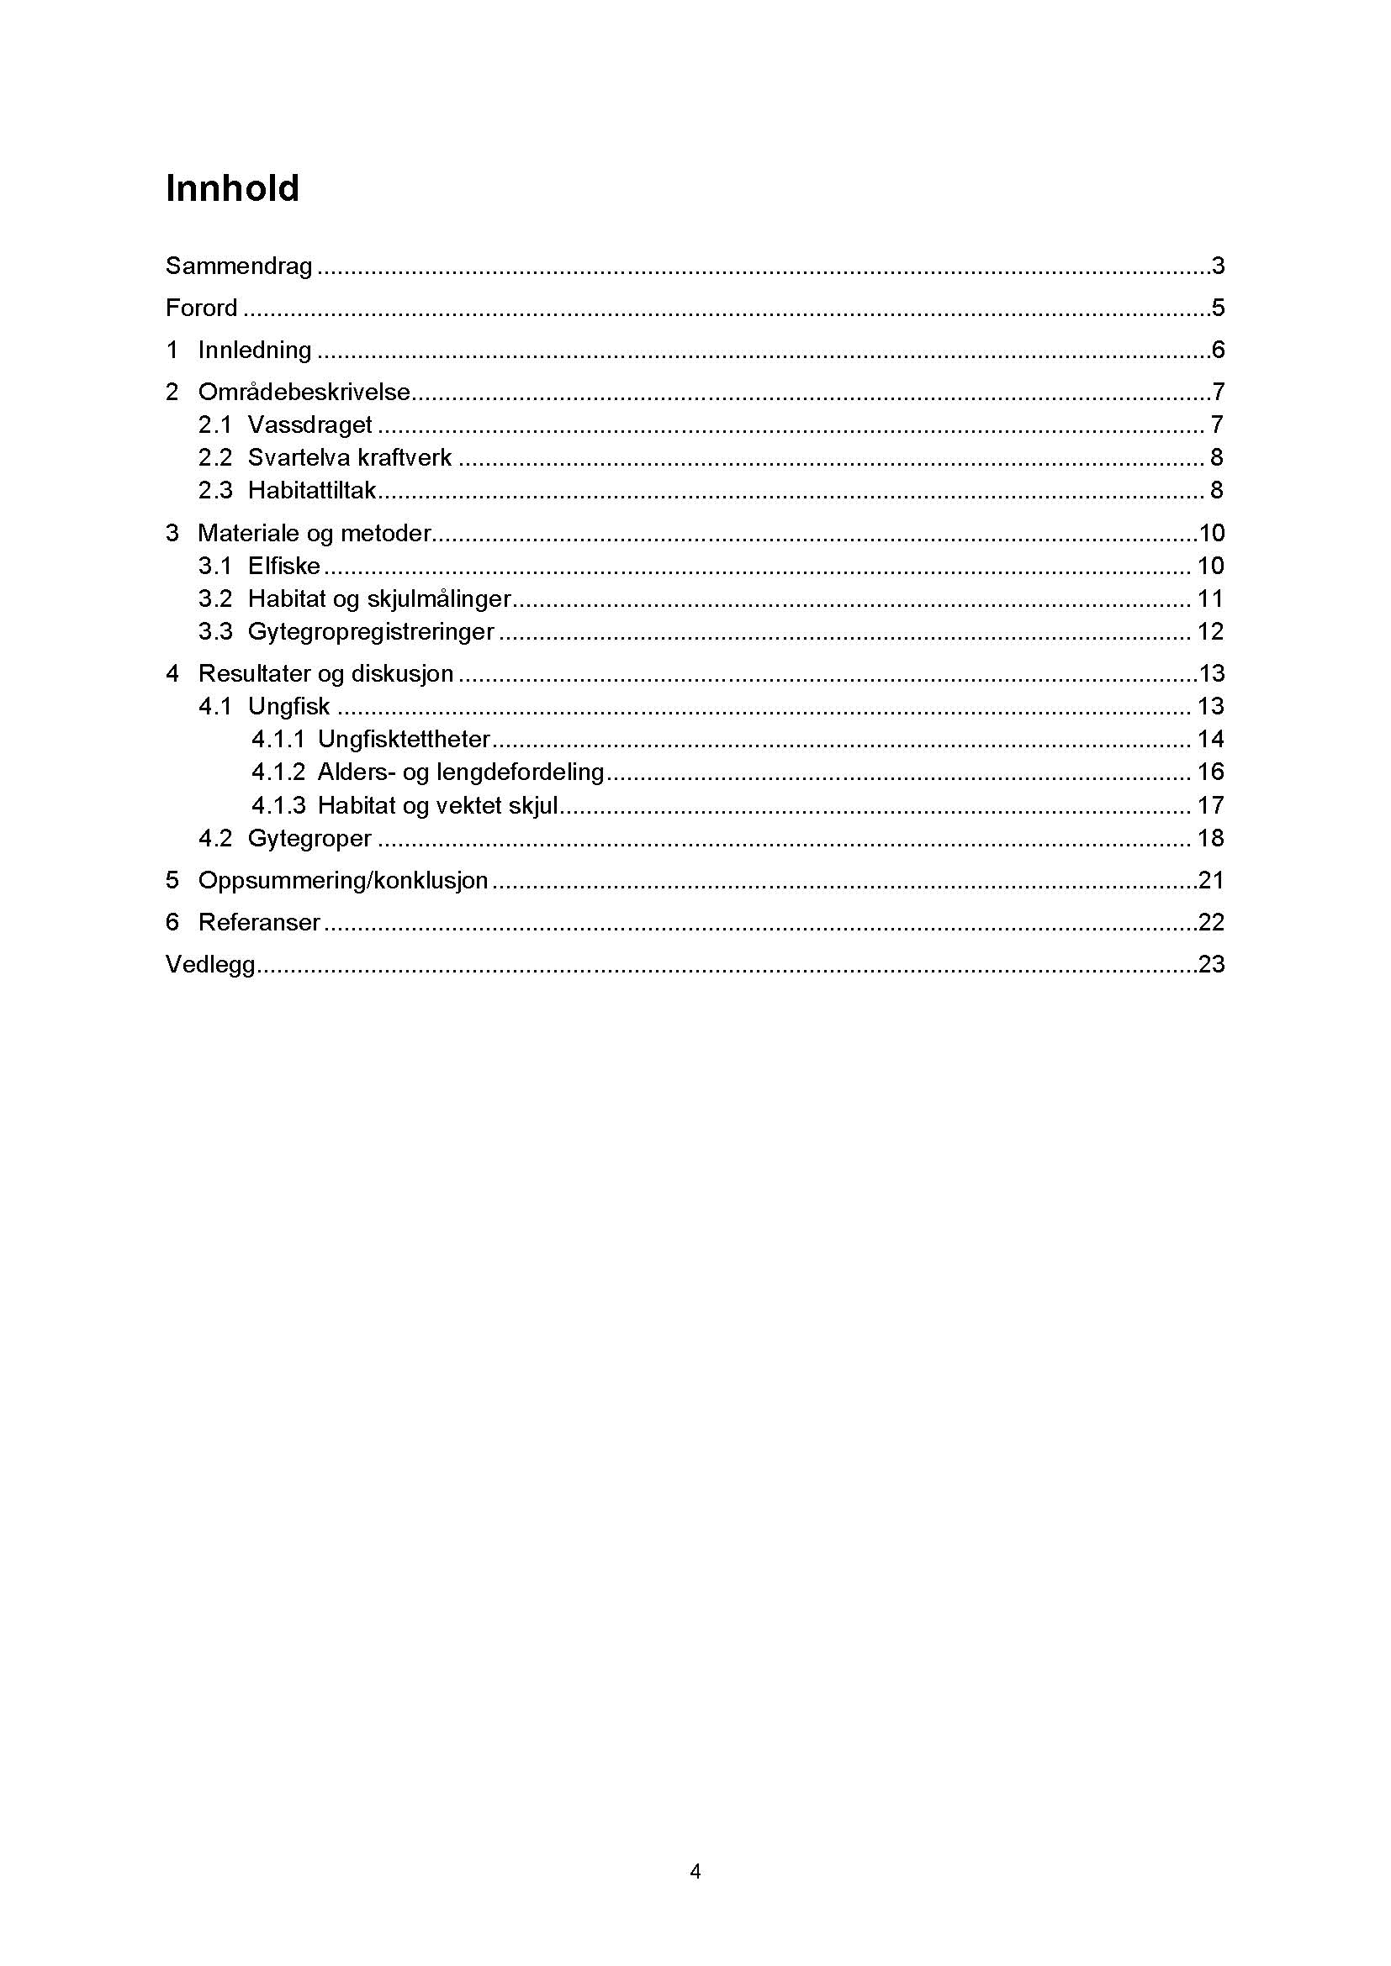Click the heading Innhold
[x=232, y=188]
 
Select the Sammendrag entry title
[x=239, y=266]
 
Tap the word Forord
[x=201, y=308]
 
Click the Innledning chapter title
[x=254, y=351]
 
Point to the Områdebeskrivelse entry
[x=304, y=393]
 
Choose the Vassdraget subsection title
[x=309, y=425]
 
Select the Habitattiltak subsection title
[x=312, y=491]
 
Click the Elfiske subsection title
[x=283, y=566]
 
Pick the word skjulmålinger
[x=438, y=599]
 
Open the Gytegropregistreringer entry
[x=371, y=632]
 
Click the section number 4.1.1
[x=278, y=740]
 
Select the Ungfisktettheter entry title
[x=404, y=740]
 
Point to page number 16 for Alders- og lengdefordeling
[x=1210, y=772]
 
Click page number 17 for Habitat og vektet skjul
[x=1210, y=806]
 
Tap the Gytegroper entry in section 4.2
[x=309, y=838]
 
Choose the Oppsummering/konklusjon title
[x=342, y=880]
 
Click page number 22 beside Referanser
[x=1211, y=922]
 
